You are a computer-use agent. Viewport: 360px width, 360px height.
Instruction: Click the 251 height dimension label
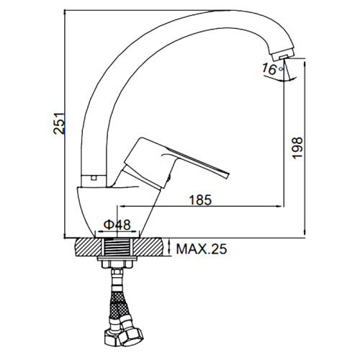[x=59, y=123]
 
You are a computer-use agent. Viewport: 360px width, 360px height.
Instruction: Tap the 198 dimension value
[x=297, y=148]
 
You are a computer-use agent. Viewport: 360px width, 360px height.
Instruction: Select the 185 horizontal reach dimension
[x=201, y=199]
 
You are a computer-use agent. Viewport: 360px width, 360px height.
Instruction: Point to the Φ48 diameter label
[x=117, y=225]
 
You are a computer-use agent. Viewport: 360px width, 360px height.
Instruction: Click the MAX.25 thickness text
[x=202, y=249]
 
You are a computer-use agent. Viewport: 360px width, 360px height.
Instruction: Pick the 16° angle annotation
[x=272, y=69]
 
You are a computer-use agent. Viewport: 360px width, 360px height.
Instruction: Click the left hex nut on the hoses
[x=112, y=337]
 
